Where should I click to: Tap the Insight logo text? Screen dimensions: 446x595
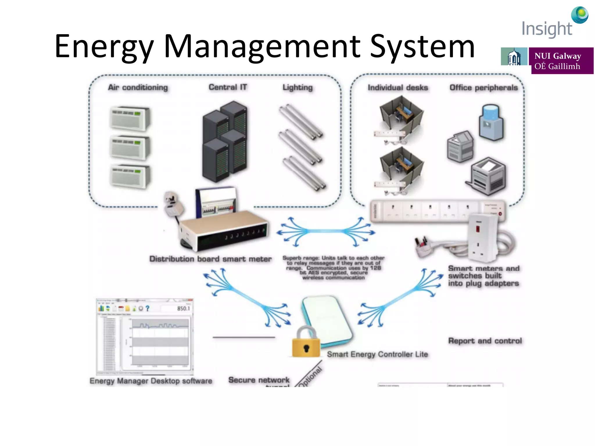coord(546,29)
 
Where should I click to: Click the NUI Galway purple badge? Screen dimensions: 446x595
coord(562,61)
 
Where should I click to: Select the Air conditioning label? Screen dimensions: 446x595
coord(138,87)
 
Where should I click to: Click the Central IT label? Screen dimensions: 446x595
coord(228,87)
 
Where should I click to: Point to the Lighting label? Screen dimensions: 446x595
coord(297,87)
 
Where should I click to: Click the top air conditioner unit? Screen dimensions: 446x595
coord(130,118)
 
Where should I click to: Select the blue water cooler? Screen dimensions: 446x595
coord(491,123)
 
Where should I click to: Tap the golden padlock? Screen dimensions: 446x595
coord(306,343)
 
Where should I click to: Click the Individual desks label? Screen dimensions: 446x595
coord(398,88)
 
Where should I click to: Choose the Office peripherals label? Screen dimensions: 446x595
coord(483,88)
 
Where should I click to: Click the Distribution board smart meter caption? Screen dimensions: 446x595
coord(210,259)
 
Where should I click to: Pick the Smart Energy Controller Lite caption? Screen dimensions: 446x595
coord(377,354)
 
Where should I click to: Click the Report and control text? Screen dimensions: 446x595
coord(485,341)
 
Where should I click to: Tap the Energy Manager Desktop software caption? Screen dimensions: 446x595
coord(151,381)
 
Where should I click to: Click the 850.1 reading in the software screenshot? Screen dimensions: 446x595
coord(183,308)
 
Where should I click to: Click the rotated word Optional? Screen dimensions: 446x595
coord(311,377)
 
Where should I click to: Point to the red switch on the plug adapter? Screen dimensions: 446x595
coord(478,228)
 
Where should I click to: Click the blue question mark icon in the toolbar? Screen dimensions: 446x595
coord(148,308)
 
